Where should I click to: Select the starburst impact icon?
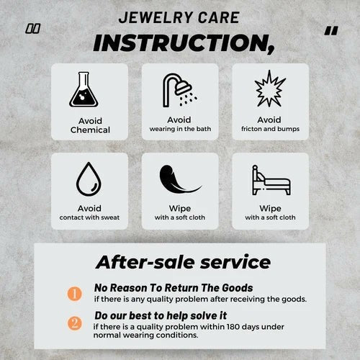point(269,88)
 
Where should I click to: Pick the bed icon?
point(269,181)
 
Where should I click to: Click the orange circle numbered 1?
point(74,293)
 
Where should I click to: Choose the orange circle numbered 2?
point(74,323)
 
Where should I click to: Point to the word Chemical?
point(90,130)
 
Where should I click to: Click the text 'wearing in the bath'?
point(179,129)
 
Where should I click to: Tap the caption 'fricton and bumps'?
point(269,129)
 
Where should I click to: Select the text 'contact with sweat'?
point(90,217)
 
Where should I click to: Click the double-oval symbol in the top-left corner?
point(32,29)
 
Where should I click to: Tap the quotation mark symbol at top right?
point(330,30)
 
